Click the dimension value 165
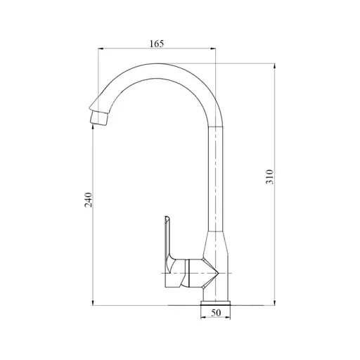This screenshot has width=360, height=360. pos(156,44)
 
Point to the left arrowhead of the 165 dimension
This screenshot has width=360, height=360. pos(99,49)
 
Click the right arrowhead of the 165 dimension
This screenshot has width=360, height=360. pos(214,49)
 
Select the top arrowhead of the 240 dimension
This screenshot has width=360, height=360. pos(94,119)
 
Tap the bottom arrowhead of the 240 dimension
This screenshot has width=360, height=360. pos(94,302)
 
